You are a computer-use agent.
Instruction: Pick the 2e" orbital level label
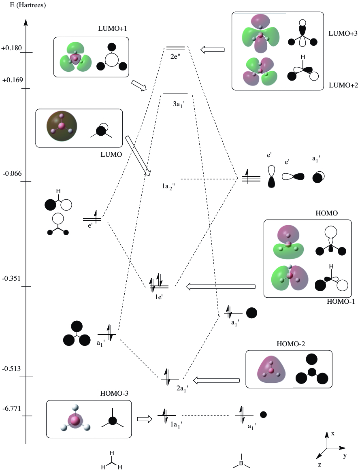(176, 56)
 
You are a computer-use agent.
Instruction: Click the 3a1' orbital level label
(178, 103)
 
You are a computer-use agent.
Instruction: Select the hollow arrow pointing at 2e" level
(213, 49)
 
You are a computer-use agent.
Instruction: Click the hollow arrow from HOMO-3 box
(145, 419)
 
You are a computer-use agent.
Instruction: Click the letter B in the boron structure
(241, 463)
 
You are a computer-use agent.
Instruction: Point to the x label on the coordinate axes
(332, 433)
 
